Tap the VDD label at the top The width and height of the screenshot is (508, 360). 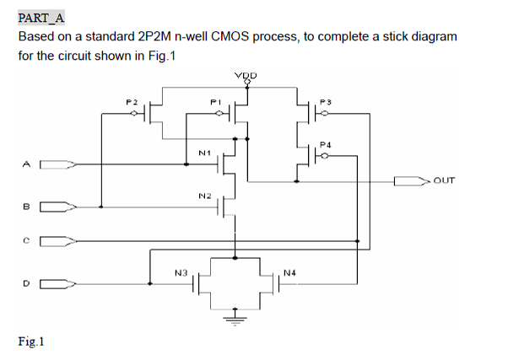tap(247, 76)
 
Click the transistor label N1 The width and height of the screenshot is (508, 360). tap(203, 153)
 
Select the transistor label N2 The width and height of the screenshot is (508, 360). tap(203, 195)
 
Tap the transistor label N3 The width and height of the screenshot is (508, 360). tap(180, 271)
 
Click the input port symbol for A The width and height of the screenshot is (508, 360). tap(59, 164)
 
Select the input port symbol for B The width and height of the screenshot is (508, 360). tap(59, 205)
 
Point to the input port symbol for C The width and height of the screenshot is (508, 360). tap(59, 242)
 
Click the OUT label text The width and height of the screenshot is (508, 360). tap(446, 180)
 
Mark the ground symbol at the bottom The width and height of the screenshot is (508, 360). tap(235, 319)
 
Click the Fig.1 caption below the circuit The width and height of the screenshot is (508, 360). tap(30, 341)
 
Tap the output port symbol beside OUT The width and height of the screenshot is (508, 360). tap(411, 180)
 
